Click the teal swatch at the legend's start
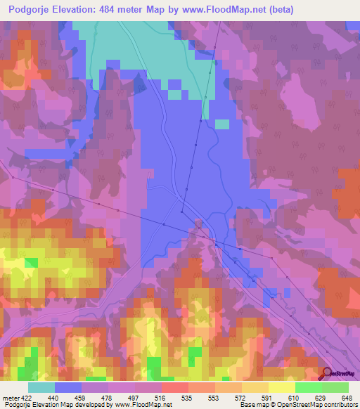coord(41,387)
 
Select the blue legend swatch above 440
coord(68,387)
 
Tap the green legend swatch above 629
coord(309,387)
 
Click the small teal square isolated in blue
coord(221,124)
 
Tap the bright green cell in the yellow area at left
coord(31,263)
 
